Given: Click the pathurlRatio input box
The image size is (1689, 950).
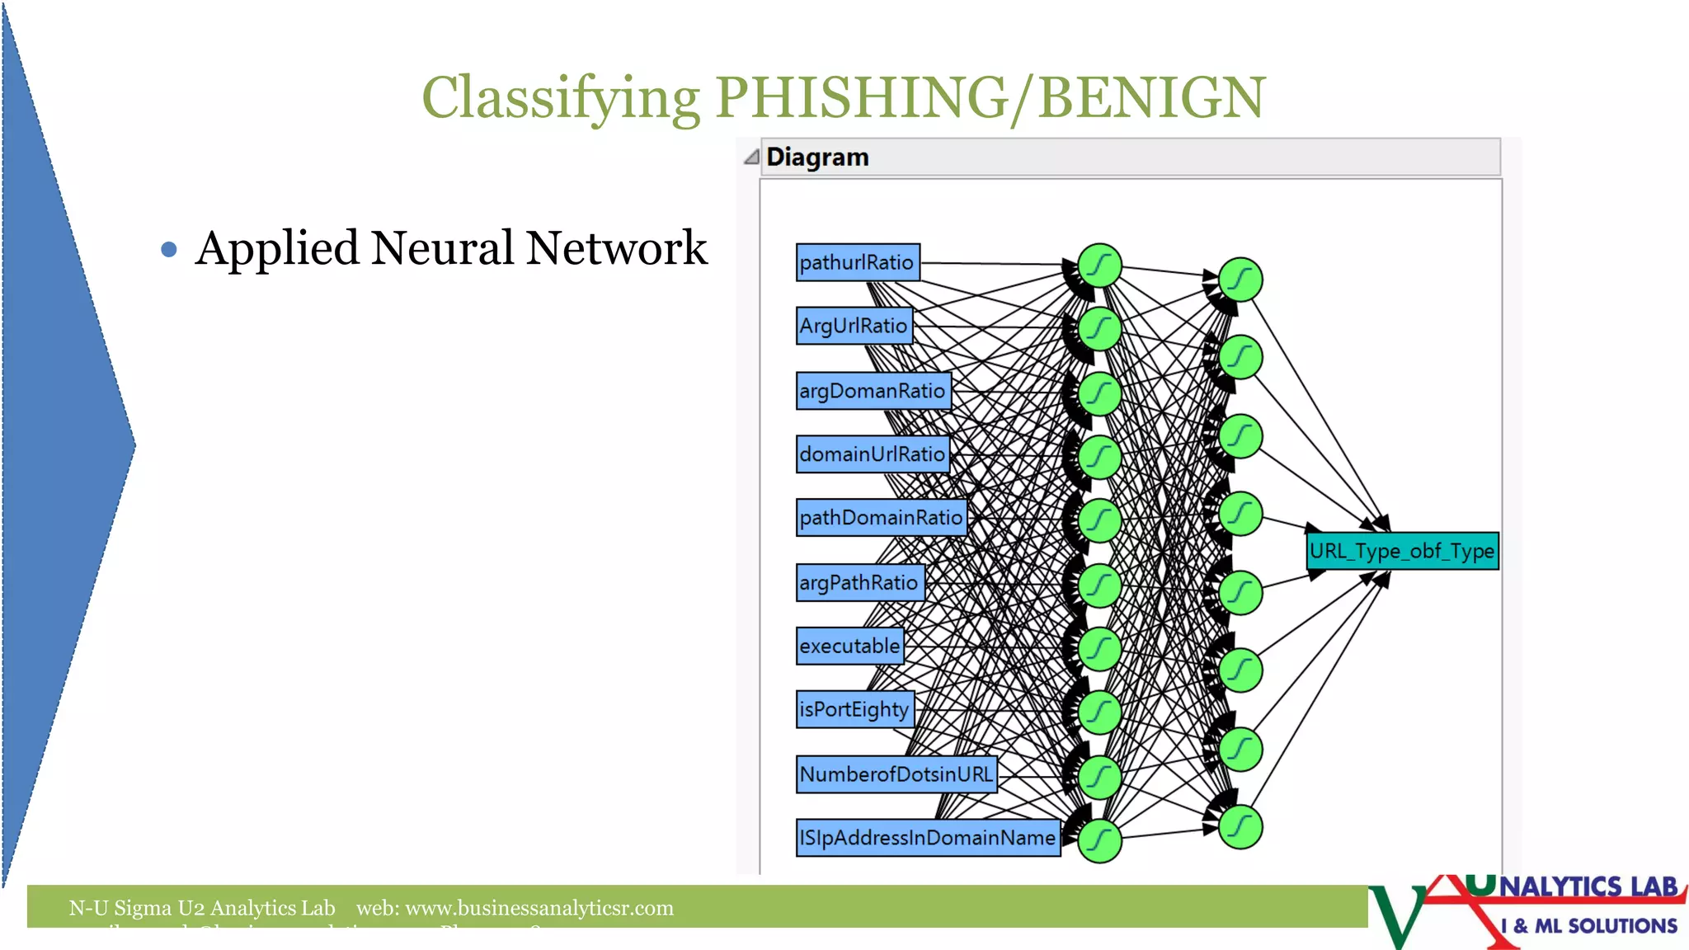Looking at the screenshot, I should [x=857, y=262].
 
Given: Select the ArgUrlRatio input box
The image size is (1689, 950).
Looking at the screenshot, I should [x=854, y=326].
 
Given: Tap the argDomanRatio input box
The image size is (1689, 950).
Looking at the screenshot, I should [x=873, y=391].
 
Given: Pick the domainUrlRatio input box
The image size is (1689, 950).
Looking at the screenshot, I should [x=872, y=454].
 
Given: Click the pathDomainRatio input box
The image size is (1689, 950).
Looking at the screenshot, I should [x=881, y=518].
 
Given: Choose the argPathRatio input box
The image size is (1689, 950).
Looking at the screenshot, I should [x=859, y=582].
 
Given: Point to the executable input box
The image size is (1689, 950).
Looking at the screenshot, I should [x=849, y=646].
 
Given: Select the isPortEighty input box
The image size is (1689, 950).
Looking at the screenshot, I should [x=854, y=709].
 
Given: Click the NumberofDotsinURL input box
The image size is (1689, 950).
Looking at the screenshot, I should [x=896, y=774].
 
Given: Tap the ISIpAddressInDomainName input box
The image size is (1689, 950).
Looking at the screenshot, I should [x=927, y=838].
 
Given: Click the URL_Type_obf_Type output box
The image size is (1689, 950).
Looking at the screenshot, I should [x=1401, y=551].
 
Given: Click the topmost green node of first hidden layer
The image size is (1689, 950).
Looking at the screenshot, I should [x=1099, y=266].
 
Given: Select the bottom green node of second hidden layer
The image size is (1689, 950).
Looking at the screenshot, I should [x=1240, y=827].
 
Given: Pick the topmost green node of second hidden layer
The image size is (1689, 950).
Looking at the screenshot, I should [x=1240, y=280].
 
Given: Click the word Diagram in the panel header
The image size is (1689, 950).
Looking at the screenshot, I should [x=817, y=157].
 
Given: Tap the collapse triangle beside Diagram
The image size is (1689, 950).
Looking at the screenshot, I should [x=750, y=157].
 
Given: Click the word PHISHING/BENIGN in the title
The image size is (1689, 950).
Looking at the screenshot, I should [x=990, y=97].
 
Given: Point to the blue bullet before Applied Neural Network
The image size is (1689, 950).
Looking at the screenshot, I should [x=169, y=249].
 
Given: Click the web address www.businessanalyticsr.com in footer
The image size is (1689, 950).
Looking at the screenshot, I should [x=539, y=908].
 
